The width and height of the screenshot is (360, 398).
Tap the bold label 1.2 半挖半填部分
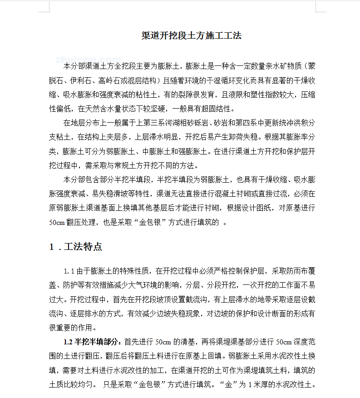92,342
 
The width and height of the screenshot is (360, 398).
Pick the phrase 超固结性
217,109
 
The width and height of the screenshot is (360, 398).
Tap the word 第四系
242,123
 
